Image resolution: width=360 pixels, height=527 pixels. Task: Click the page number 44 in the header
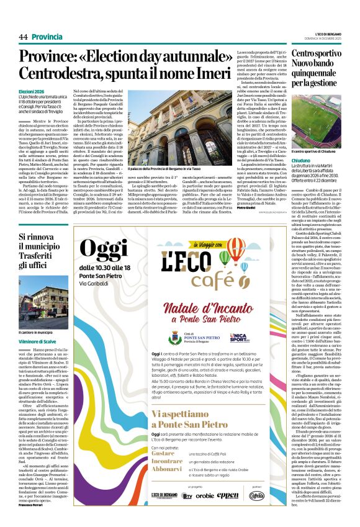coord(23,37)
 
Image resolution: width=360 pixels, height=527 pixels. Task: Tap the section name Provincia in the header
coord(47,37)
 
